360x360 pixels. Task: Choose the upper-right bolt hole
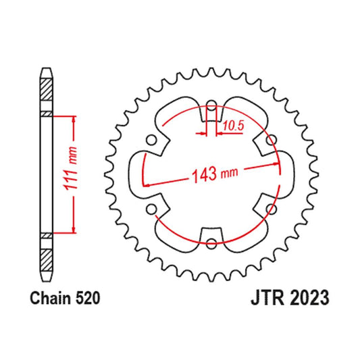coord(269,140)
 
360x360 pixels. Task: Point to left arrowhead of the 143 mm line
coord(145,184)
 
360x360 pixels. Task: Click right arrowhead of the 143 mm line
coord(276,163)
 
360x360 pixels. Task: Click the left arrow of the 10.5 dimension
coord(203,133)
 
